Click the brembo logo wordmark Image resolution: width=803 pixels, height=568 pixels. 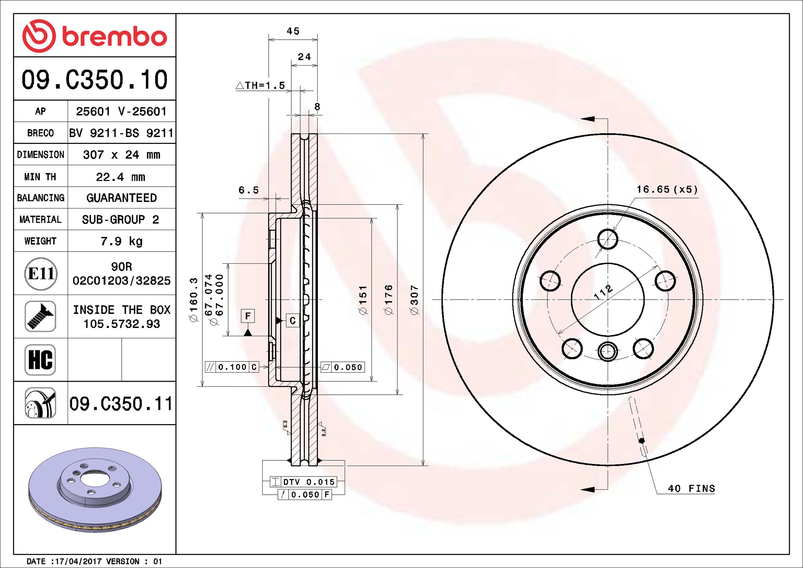point(114,37)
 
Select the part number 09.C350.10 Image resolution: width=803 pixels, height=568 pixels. point(94,80)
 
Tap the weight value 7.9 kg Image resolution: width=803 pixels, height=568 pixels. point(121,241)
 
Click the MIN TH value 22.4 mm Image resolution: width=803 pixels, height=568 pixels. point(121,177)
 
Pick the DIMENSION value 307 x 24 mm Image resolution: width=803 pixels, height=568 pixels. point(121,155)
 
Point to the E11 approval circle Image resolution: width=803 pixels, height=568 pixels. point(41,273)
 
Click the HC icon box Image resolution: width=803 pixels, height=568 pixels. point(40,360)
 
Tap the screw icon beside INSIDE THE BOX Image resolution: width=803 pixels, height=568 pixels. point(40,316)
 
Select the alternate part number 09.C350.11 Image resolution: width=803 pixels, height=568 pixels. point(121,403)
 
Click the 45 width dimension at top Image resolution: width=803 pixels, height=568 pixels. point(293,31)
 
